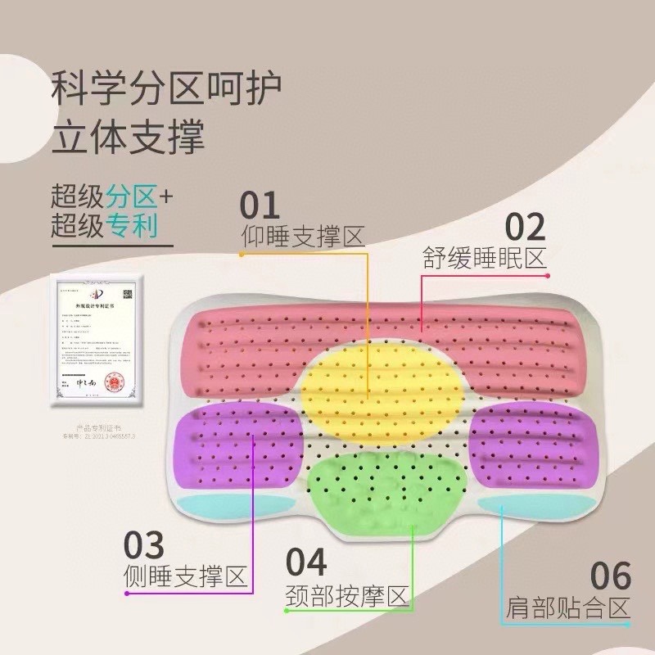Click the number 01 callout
tap(260, 205)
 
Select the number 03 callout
tap(144, 544)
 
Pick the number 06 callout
tap(610, 576)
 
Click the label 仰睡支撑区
tap(302, 237)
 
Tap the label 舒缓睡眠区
tap(484, 258)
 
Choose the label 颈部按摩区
tap(347, 595)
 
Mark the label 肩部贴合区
tap(567, 608)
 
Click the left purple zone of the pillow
tap(237, 446)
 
